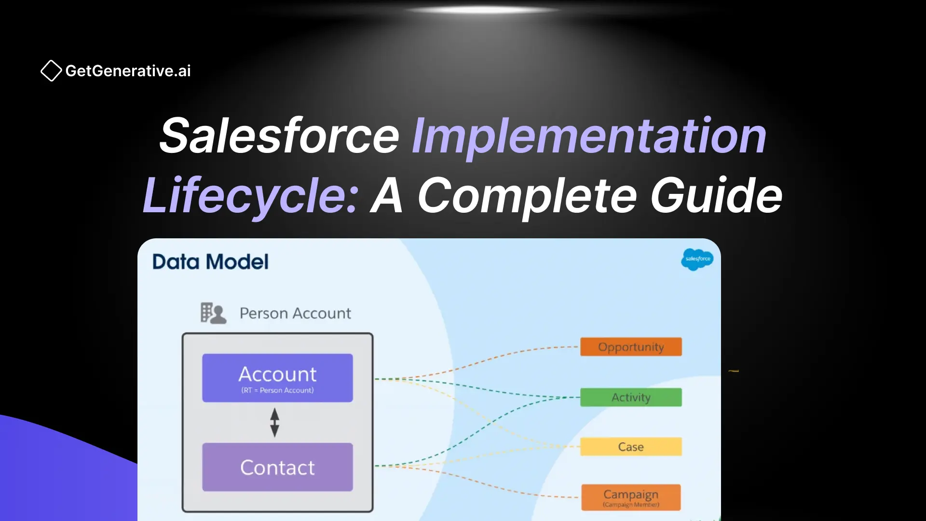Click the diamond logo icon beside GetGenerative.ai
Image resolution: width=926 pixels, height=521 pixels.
pos(51,71)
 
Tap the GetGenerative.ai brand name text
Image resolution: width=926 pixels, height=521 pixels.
pos(128,71)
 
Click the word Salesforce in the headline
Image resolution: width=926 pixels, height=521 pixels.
pos(279,136)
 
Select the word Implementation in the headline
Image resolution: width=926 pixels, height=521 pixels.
pos(589,136)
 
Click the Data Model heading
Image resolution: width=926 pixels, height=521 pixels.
pos(210,262)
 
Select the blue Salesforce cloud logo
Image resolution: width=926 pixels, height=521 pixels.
pos(697,259)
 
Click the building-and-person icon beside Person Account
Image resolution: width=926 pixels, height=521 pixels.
pos(213,313)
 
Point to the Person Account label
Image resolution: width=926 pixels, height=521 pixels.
pos(295,314)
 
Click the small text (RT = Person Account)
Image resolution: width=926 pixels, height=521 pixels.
pos(277,390)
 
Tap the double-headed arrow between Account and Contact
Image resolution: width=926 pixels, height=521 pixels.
pos(274,423)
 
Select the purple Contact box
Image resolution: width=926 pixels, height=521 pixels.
pos(277,467)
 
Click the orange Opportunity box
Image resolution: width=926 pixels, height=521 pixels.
pos(631,347)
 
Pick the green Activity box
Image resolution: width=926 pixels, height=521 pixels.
pos(631,398)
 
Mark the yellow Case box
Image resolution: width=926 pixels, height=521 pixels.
pos(631,447)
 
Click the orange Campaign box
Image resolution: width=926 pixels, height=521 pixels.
pos(631,497)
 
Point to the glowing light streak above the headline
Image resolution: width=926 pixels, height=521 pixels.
pos(482,10)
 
